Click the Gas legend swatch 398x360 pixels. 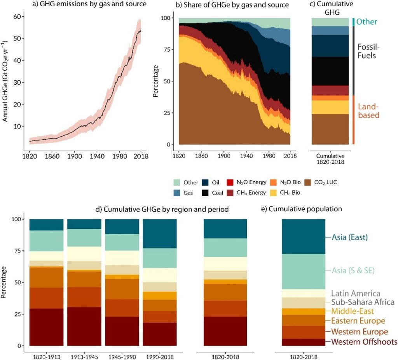pyautogui.click(x=177, y=192)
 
